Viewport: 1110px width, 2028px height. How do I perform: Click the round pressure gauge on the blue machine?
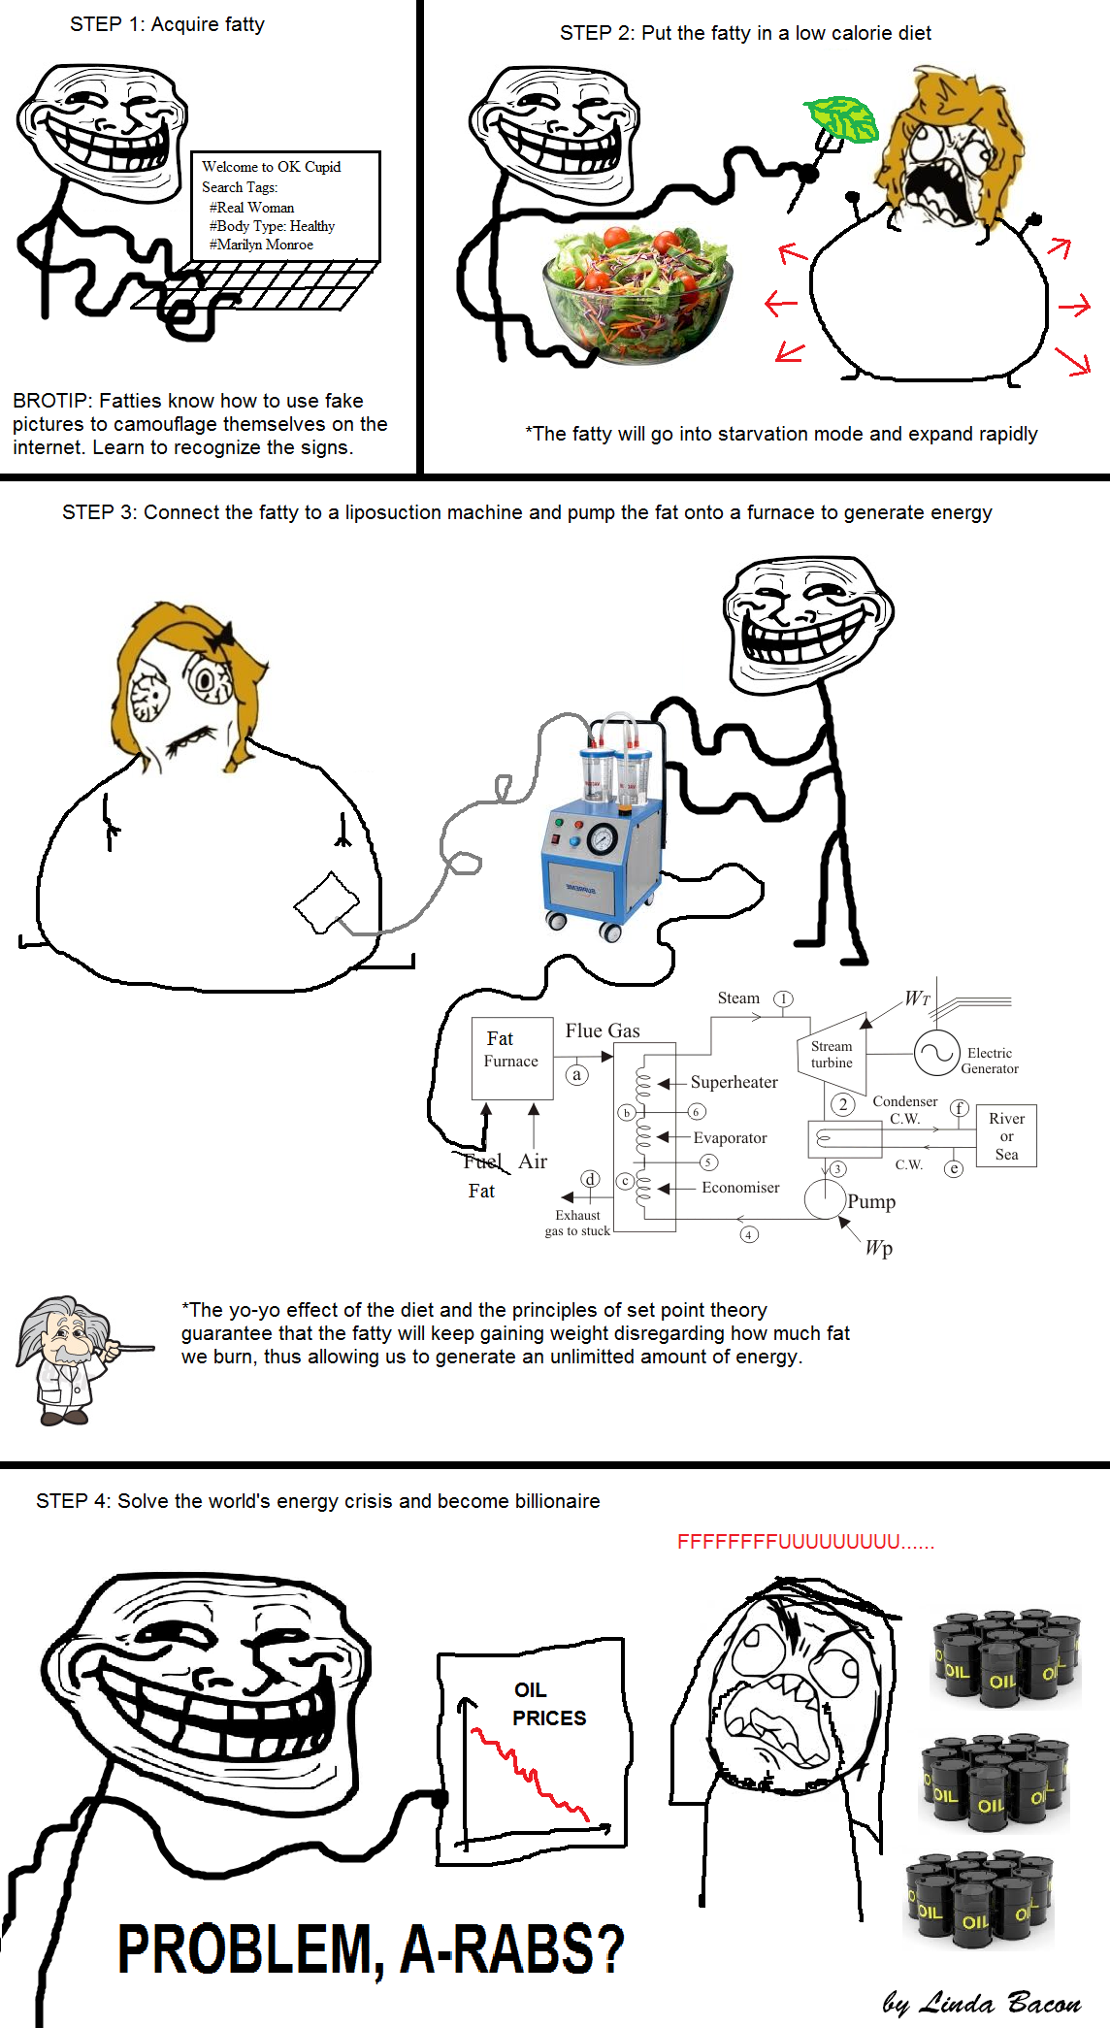pyautogui.click(x=603, y=837)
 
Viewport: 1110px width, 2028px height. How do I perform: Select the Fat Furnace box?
pyautogui.click(x=512, y=1058)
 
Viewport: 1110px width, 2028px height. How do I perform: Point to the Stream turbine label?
pyautogui.click(x=832, y=1055)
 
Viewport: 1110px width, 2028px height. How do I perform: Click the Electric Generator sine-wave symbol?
pyautogui.click(x=937, y=1054)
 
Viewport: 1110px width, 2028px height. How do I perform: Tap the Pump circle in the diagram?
pyautogui.click(x=826, y=1199)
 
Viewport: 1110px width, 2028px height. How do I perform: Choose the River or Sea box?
pyautogui.click(x=1006, y=1135)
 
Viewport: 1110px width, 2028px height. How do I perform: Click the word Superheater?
pyautogui.click(x=735, y=1082)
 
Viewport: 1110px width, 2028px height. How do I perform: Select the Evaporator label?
pyautogui.click(x=730, y=1137)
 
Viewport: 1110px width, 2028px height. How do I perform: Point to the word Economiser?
pyautogui.click(x=740, y=1188)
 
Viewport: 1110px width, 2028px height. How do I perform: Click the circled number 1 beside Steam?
pyautogui.click(x=783, y=998)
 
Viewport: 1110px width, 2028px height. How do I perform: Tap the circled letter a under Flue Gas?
pyautogui.click(x=577, y=1074)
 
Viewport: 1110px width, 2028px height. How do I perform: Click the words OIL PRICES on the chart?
pyautogui.click(x=549, y=1704)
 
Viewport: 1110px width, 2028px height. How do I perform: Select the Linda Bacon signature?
pyautogui.click(x=982, y=2002)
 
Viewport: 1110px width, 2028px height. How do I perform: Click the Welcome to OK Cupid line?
pyautogui.click(x=272, y=167)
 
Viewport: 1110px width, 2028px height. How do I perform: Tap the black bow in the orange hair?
pyautogui.click(x=224, y=637)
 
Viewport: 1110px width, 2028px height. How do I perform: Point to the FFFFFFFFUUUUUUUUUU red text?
pyautogui.click(x=805, y=1542)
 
